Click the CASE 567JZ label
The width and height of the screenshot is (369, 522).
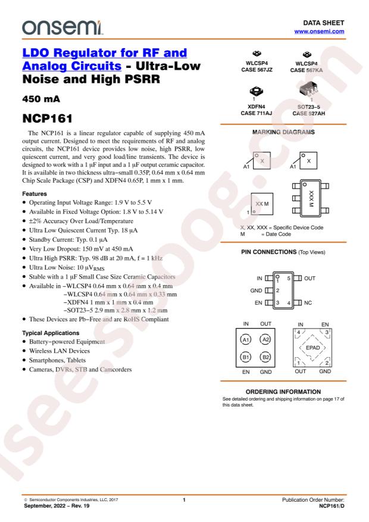coord(256,70)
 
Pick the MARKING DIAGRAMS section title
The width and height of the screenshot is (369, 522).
coord(284,132)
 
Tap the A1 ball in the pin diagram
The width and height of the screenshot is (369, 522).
coord(245,340)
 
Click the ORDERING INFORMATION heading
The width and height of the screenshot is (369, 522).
coord(284,391)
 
